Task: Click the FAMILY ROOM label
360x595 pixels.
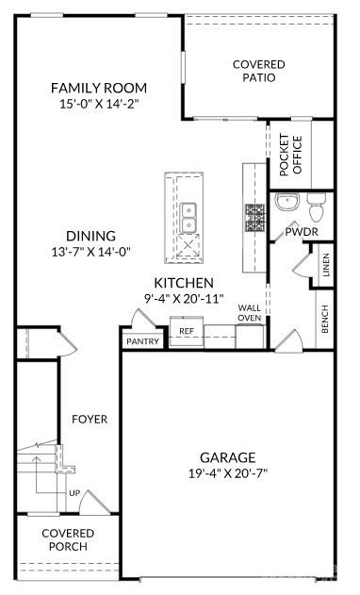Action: click(99, 88)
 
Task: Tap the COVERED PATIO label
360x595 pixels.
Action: click(259, 71)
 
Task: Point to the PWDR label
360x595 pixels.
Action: click(301, 231)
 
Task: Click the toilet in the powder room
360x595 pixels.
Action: click(316, 202)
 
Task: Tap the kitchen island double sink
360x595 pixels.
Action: click(189, 218)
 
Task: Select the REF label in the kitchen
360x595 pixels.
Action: click(187, 331)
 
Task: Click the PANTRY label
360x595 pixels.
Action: click(142, 341)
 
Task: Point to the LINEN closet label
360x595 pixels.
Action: click(325, 268)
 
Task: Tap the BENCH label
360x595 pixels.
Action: click(325, 320)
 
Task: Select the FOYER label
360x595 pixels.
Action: click(90, 419)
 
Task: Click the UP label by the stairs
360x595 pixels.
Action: click(74, 492)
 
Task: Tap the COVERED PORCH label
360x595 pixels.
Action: click(65, 539)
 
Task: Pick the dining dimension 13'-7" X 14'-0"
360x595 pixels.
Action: click(90, 251)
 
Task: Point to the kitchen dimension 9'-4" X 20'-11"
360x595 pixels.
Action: click(185, 298)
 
